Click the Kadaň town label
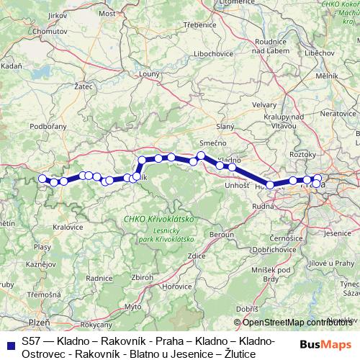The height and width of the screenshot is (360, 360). (x=12, y=66)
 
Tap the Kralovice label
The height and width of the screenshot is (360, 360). (x=68, y=226)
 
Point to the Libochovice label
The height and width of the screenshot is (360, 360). (x=208, y=54)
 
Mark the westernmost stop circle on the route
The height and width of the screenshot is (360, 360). (x=42, y=179)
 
